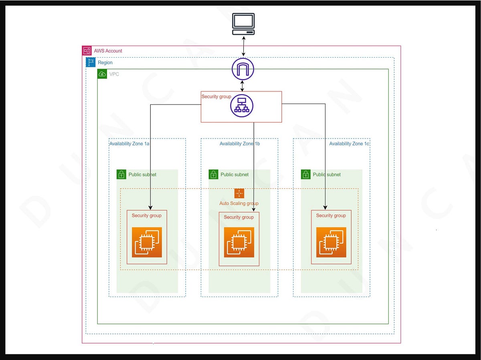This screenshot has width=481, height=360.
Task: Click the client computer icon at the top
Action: (x=243, y=24)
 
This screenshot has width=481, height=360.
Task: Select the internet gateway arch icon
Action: (x=243, y=68)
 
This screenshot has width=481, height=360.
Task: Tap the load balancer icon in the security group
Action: (x=242, y=106)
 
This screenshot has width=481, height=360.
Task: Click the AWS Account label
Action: (x=108, y=51)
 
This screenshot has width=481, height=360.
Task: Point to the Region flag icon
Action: (x=91, y=62)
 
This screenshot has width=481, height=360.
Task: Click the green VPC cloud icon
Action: (x=102, y=74)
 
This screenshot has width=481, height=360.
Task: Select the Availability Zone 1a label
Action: (x=129, y=144)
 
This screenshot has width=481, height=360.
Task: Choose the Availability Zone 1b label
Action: (x=240, y=144)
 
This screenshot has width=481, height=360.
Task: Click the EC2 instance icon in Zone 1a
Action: (x=147, y=242)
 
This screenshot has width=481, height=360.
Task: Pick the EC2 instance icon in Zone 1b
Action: (x=239, y=242)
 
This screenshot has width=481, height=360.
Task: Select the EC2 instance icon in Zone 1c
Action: (x=331, y=242)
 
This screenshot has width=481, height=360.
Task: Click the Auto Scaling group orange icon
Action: (x=239, y=193)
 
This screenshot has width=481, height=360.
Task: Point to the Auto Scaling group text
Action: (x=239, y=203)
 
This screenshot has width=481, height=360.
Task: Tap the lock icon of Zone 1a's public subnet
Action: (x=121, y=174)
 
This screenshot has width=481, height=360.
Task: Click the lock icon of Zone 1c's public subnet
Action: (x=306, y=174)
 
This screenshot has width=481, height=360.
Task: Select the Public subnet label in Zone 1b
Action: (x=234, y=175)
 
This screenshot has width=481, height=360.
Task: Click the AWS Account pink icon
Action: (x=87, y=51)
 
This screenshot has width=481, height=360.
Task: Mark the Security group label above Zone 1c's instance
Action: (x=331, y=215)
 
